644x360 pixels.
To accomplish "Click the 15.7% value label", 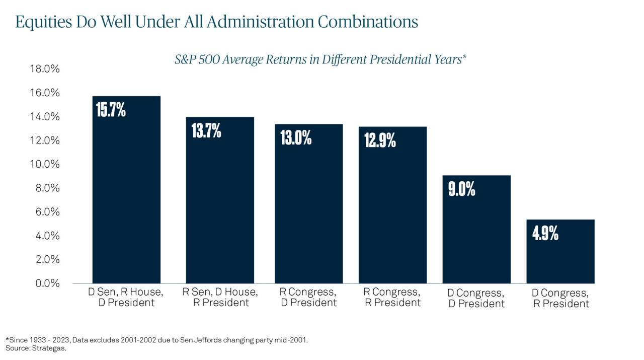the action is click(x=111, y=110).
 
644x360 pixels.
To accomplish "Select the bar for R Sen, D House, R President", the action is click(x=220, y=200).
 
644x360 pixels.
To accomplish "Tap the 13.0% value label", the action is click(x=296, y=137).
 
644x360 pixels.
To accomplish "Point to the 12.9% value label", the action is click(x=380, y=140).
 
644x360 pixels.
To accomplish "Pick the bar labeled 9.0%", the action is click(x=476, y=230).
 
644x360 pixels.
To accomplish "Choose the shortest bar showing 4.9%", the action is click(x=560, y=252).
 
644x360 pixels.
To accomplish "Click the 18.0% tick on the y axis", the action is click(x=45, y=69).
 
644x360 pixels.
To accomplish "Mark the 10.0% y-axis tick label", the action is click(x=45, y=164).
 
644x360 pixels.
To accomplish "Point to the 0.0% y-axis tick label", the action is click(x=47, y=283).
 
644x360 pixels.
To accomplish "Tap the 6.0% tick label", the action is click(x=47, y=212).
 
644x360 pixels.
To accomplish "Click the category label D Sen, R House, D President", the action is click(x=126, y=297).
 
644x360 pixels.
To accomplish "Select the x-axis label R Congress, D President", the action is click(x=308, y=297).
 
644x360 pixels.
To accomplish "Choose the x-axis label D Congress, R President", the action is click(x=560, y=298).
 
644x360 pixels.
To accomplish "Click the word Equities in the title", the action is click(x=43, y=22).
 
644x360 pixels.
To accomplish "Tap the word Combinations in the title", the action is click(x=368, y=22).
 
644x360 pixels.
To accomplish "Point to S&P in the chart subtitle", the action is click(x=185, y=59).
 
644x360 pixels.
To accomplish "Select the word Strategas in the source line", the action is click(x=49, y=348).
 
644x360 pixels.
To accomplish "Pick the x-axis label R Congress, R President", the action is click(x=392, y=297).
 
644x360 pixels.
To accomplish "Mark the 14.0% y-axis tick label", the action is click(x=45, y=116).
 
